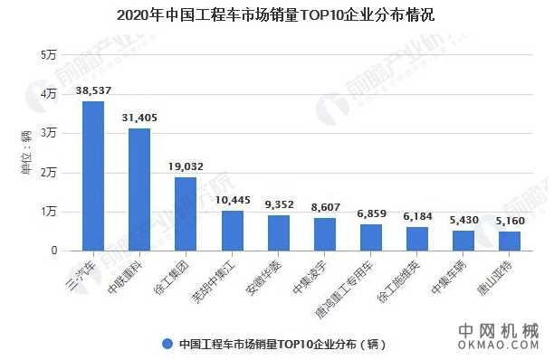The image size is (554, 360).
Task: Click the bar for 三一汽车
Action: [93, 175]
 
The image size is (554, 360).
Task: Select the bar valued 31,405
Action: [139, 189]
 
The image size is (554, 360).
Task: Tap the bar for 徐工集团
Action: [186, 213]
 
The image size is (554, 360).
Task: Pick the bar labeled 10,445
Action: [233, 231]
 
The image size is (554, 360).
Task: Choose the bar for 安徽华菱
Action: [279, 232]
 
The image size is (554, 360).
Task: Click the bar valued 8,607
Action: [325, 234]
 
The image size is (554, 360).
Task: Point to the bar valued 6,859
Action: [371, 237]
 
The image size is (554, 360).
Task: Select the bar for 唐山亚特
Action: [510, 241]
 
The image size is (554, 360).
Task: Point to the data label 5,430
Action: [463, 220]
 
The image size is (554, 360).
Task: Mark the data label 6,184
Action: [417, 217]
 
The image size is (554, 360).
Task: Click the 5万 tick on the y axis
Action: [48, 56]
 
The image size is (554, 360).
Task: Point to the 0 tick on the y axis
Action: [53, 251]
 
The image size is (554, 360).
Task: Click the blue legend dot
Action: [167, 344]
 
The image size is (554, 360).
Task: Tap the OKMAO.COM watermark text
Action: [497, 346]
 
